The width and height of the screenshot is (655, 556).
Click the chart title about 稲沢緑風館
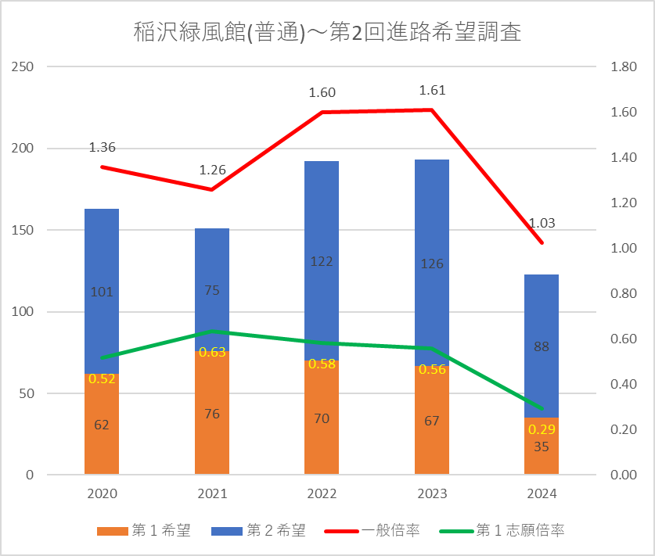point(327,34)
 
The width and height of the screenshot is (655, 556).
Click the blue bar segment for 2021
point(212,258)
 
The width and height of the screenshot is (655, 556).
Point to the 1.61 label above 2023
point(432,90)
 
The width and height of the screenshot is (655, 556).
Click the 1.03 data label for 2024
point(542,223)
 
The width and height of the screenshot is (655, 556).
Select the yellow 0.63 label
point(212,352)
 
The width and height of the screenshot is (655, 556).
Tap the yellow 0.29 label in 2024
point(542,429)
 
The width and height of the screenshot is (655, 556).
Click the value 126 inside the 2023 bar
point(432,264)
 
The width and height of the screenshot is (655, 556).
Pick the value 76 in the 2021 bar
point(212,414)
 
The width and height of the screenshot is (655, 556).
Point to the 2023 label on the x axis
point(432,494)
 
